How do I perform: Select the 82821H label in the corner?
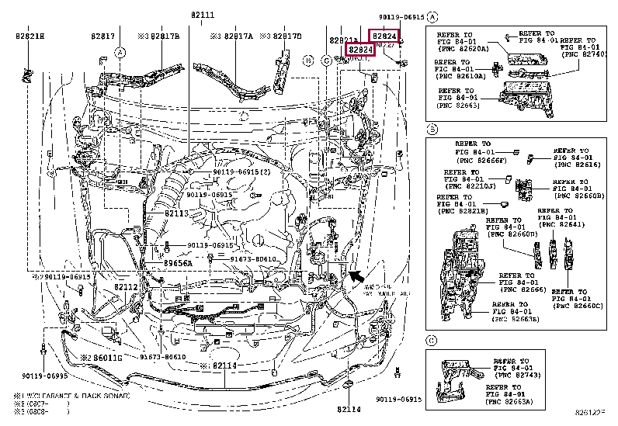(30, 36)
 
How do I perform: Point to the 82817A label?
(231, 36)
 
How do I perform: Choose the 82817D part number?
(284, 36)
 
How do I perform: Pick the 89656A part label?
(177, 264)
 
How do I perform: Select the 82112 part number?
(126, 287)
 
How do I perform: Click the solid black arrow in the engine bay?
(356, 275)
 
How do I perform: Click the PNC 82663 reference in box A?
(458, 106)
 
